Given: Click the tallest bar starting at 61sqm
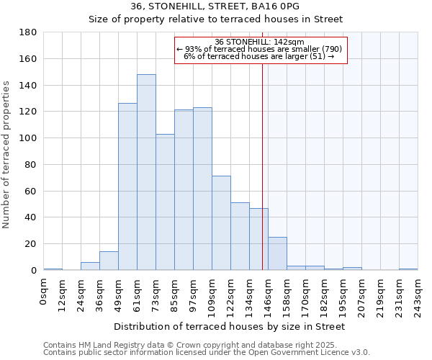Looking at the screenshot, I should pyautogui.click(x=146, y=173).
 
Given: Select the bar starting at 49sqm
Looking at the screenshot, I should pyautogui.click(x=127, y=187).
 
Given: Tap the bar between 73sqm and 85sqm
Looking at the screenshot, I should pyautogui.click(x=165, y=202).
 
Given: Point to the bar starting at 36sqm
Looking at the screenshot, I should pyautogui.click(x=109, y=261).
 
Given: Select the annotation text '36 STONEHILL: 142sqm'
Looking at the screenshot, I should pyautogui.click(x=260, y=42).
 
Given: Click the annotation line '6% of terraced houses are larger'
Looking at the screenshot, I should pyautogui.click(x=260, y=56).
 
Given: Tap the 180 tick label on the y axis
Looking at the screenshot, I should pyautogui.click(x=29, y=32).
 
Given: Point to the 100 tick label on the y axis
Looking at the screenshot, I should pyautogui.click(x=29, y=138).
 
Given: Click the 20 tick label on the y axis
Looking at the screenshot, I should pyautogui.click(x=31, y=244).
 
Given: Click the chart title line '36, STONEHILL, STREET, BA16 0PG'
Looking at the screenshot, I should pyautogui.click(x=215, y=6).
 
